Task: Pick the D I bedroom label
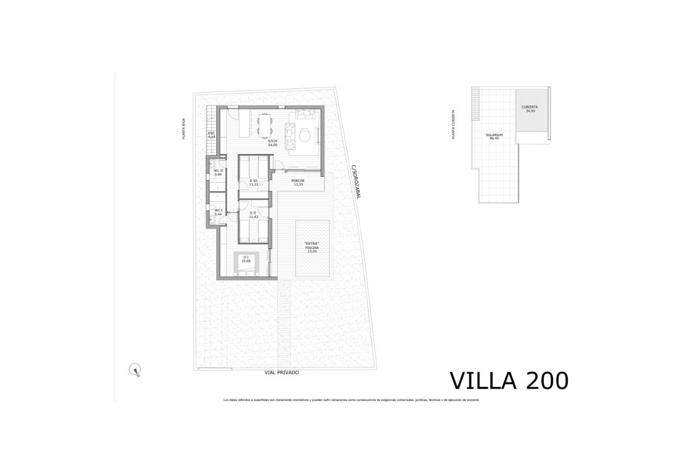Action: click(x=246, y=259)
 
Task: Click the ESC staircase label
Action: click(x=211, y=135)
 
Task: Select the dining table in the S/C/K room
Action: click(x=264, y=125)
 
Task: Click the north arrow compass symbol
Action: click(x=135, y=370)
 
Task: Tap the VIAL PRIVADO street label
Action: click(x=282, y=373)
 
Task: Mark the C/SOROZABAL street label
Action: click(x=355, y=182)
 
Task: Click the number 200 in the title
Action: click(x=547, y=380)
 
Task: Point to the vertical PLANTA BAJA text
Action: click(x=183, y=129)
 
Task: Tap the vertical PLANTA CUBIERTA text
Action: click(x=453, y=124)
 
